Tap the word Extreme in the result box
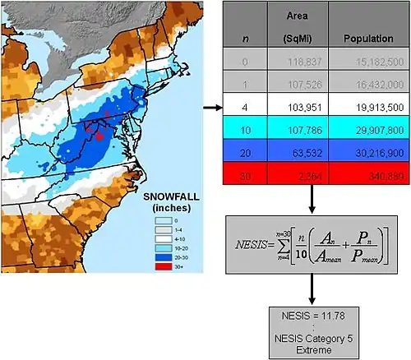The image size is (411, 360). coord(311,348)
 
